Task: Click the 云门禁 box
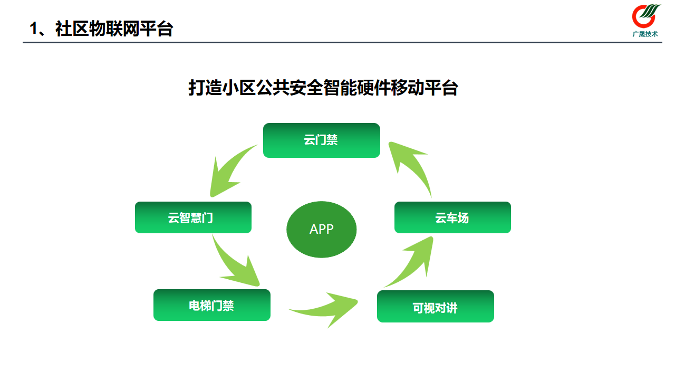(321, 140)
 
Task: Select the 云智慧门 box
(193, 217)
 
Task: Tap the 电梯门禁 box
(211, 305)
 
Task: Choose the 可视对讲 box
(435, 307)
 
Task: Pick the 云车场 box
(452, 217)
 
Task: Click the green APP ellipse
(321, 230)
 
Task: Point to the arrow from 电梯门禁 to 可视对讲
(327, 309)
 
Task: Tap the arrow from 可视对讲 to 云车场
(414, 264)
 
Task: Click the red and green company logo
(645, 16)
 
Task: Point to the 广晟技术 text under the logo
(645, 34)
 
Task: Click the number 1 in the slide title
(34, 29)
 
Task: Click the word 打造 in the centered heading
(205, 88)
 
